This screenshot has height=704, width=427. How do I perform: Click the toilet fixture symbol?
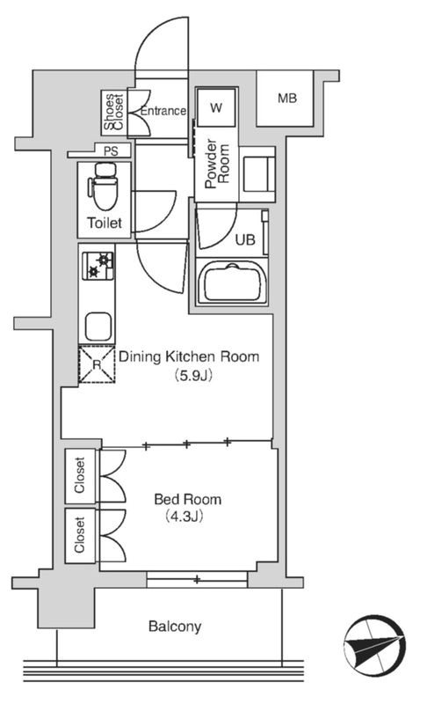(104, 187)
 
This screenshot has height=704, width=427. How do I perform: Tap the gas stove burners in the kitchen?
(98, 266)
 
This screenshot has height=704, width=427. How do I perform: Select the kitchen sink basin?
(98, 326)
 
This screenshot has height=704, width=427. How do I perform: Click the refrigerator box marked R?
(97, 364)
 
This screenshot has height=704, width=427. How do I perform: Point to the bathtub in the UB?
(232, 282)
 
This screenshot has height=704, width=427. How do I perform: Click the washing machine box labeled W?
(216, 107)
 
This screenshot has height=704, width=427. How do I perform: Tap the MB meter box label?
(287, 98)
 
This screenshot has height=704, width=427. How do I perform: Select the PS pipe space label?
(111, 151)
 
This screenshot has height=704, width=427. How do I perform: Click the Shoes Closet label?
(113, 113)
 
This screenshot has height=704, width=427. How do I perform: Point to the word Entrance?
(163, 111)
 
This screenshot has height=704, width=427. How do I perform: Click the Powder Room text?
(217, 164)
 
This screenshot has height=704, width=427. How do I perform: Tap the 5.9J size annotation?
(193, 376)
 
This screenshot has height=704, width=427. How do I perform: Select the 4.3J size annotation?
(185, 517)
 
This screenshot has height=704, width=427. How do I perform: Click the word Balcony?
(175, 627)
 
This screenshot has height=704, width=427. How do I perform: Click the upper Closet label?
(80, 475)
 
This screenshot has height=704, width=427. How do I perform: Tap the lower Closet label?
(80, 535)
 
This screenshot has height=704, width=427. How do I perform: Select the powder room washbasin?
(257, 174)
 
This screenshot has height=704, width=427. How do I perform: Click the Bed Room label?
(188, 499)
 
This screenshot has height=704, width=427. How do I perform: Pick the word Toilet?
(105, 223)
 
